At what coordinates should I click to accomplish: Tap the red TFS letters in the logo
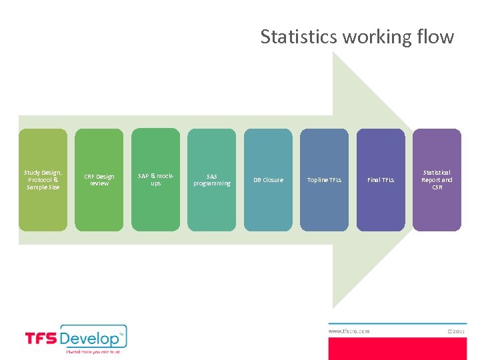click(41, 339)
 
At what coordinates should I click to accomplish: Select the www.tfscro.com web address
click(349, 331)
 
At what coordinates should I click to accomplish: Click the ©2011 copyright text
click(455, 331)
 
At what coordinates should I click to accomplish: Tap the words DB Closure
click(268, 180)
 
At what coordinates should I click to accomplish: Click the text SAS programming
click(211, 180)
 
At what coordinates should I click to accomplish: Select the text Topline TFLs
click(324, 180)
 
